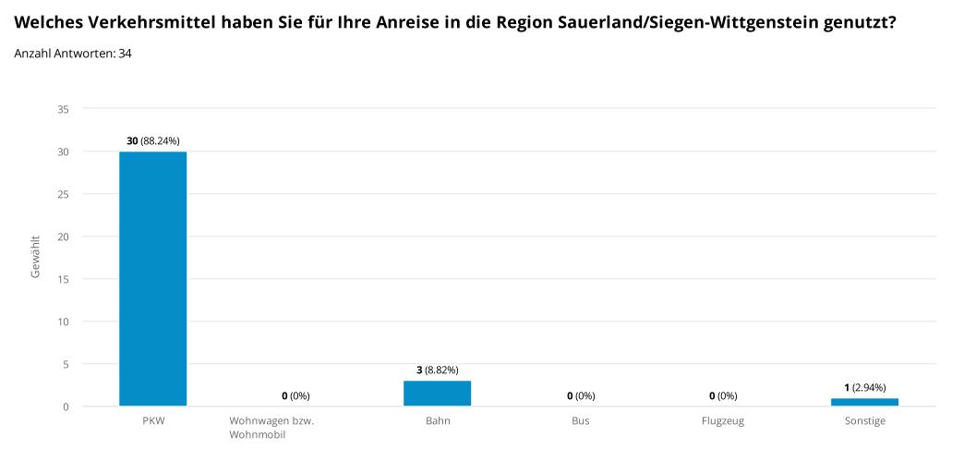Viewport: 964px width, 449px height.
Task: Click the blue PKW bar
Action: click(x=152, y=279)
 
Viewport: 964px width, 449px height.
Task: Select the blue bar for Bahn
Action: click(x=437, y=393)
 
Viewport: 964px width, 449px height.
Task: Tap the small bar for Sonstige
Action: click(x=864, y=402)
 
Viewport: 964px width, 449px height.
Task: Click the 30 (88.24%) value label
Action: click(x=153, y=140)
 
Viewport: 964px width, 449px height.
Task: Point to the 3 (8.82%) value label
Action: click(x=438, y=370)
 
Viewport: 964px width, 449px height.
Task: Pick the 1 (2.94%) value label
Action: click(x=865, y=387)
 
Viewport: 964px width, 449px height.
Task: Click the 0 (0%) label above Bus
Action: click(x=580, y=395)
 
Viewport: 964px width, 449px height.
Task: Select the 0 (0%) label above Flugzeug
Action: click(x=722, y=395)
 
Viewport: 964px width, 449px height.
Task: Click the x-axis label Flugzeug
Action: click(x=722, y=421)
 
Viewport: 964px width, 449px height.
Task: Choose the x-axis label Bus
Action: click(x=580, y=421)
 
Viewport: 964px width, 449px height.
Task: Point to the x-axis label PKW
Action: click(x=152, y=421)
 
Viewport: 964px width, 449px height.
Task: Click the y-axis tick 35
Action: click(x=63, y=109)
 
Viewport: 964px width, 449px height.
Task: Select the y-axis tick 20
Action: click(x=63, y=237)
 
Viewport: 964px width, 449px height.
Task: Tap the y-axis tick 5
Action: click(x=66, y=364)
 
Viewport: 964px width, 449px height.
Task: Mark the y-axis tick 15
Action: click(x=63, y=279)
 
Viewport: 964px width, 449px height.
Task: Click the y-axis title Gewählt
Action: click(x=36, y=257)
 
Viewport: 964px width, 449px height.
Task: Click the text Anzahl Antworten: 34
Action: click(x=73, y=54)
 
